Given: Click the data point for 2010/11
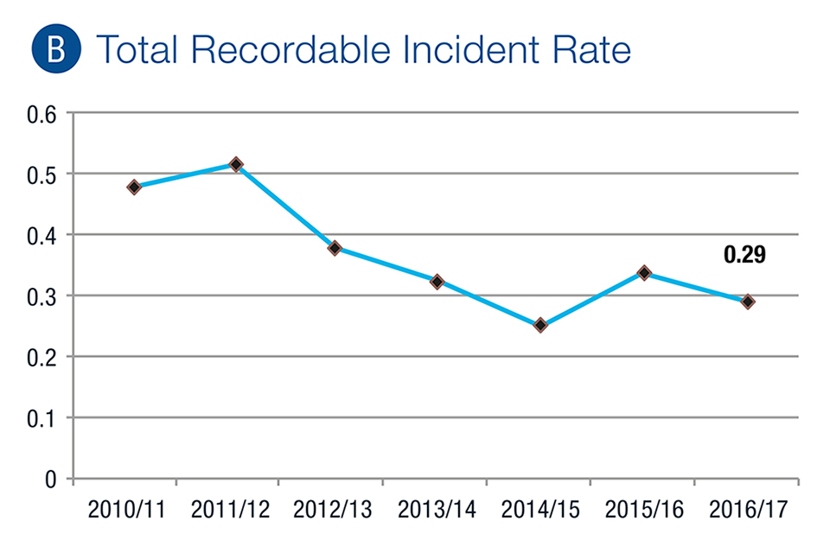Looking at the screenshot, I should pos(134,187).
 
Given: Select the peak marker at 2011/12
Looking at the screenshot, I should pos(235,164).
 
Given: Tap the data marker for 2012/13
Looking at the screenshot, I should pos(335,248).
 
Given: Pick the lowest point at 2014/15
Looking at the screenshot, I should pos(540,325).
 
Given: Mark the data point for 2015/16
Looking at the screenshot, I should pos(644,273).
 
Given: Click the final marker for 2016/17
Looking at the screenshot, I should pos(748,302).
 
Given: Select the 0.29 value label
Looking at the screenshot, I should pos(744,255).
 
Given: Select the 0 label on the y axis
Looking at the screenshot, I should pos(49,478).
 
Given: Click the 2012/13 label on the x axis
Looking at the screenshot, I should pos(333,509).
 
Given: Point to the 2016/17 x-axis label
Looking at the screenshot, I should pos(744,509).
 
